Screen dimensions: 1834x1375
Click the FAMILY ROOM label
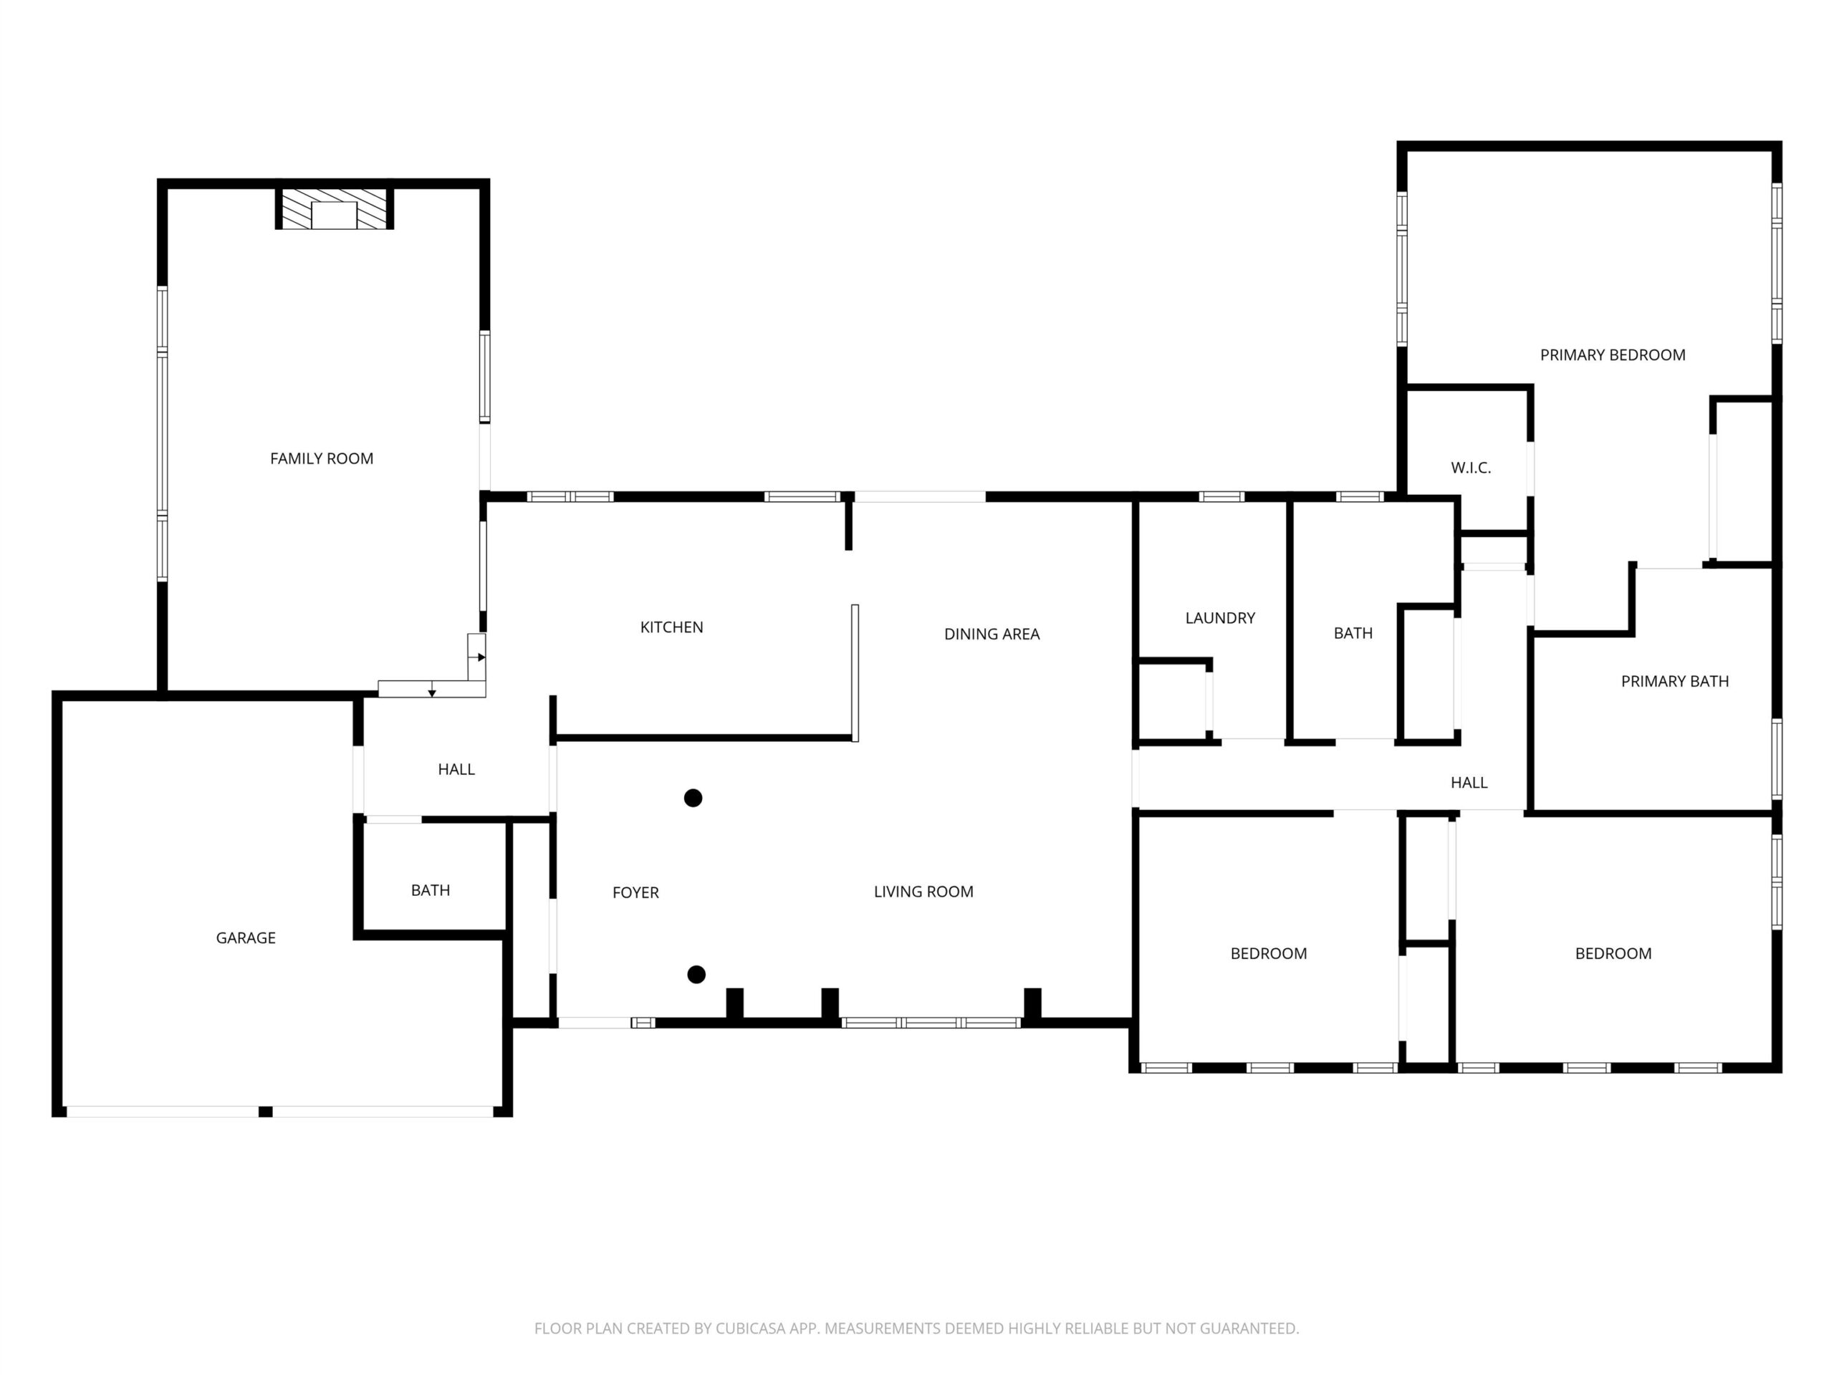322,458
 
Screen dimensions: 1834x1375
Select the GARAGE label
246,937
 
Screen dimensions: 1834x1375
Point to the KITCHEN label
671,627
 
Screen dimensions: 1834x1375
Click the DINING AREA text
992,634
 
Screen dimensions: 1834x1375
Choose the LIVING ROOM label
923,892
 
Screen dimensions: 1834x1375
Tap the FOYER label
636,892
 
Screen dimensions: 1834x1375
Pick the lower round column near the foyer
696,975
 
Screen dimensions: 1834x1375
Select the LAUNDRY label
1221,617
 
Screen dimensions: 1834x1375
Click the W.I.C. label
1471,468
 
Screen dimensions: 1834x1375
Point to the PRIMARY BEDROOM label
1613,354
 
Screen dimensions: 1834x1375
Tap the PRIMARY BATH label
1675,681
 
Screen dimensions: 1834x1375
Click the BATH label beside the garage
431,890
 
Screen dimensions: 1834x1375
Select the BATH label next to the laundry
1353,633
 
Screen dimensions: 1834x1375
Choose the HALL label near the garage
456,769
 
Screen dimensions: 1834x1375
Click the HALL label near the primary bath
1469,783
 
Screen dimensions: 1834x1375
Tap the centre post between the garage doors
265,1111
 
